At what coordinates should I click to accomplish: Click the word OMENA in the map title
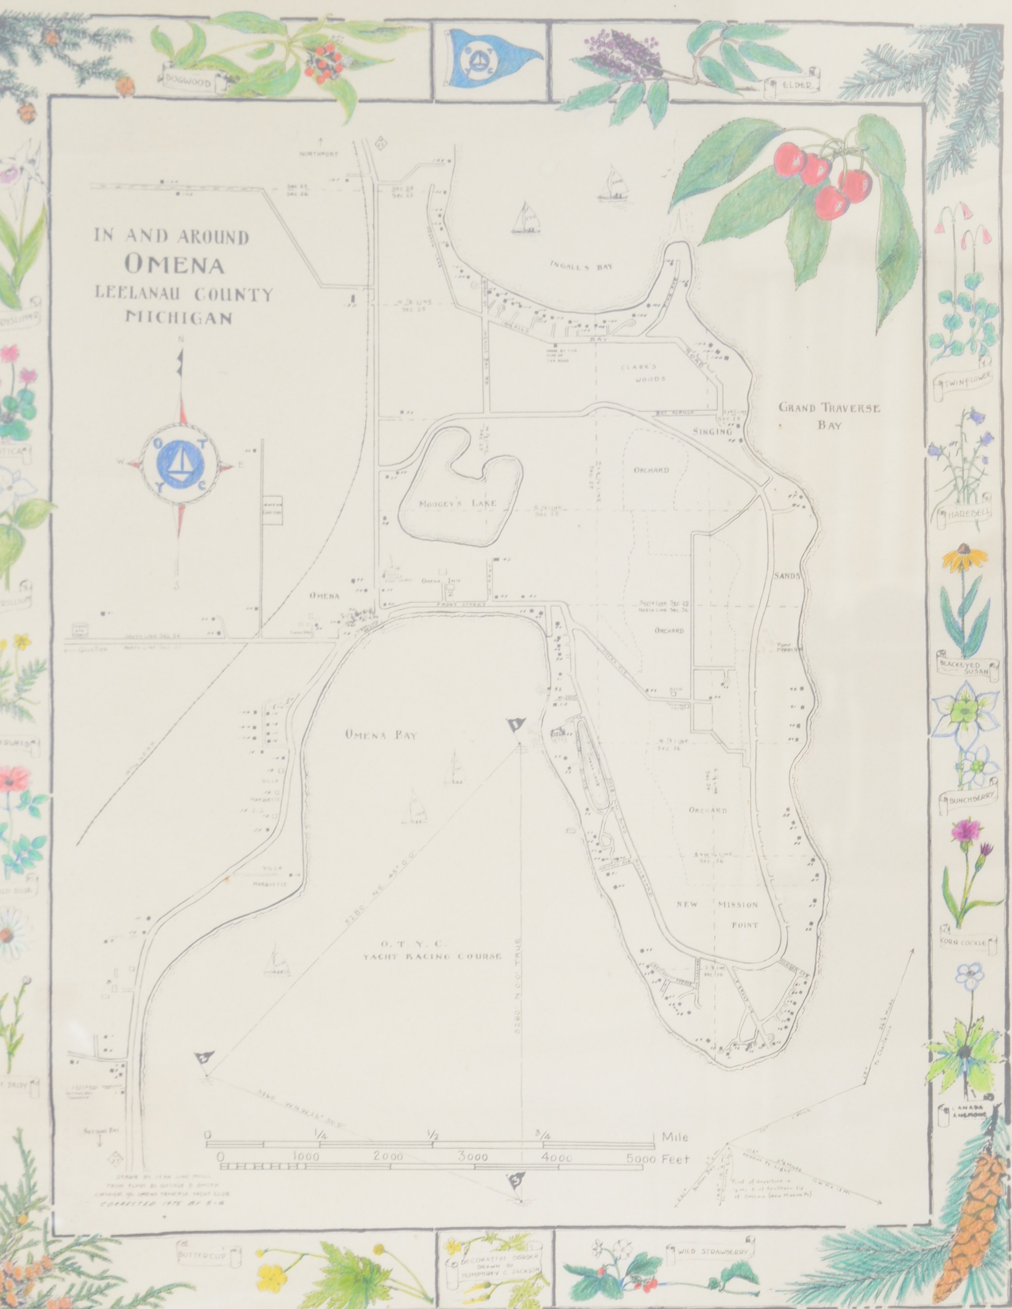point(175,265)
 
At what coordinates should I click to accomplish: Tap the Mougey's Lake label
point(458,504)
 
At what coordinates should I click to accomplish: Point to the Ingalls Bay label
point(581,267)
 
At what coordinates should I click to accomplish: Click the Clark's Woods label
point(642,372)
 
